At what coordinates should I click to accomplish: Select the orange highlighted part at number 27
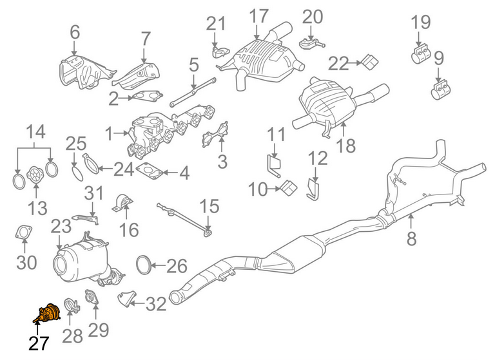pos(46,314)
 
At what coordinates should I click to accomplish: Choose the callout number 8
pos(411,239)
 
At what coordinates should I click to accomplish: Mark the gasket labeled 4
pos(150,171)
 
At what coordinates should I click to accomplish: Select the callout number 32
pos(155,304)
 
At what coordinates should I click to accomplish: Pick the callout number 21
pos(217,24)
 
